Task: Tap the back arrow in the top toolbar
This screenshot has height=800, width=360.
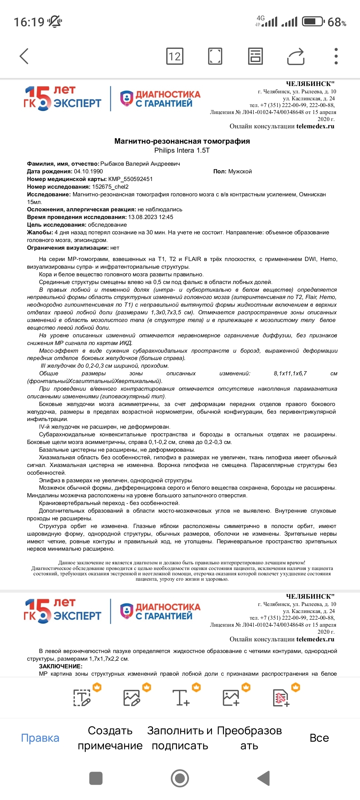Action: pyautogui.click(x=24, y=56)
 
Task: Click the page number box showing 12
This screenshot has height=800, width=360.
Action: pyautogui.click(x=175, y=56)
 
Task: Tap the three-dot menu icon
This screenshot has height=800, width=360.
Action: pyautogui.click(x=336, y=56)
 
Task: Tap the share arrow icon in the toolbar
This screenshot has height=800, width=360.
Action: pyautogui.click(x=296, y=56)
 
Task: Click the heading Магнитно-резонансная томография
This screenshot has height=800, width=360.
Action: pyautogui.click(x=182, y=141)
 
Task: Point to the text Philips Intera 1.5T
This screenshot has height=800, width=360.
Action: pyautogui.click(x=182, y=150)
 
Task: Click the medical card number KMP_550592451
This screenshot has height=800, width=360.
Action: pyautogui.click(x=130, y=179)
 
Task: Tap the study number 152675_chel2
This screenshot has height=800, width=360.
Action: pyautogui.click(x=110, y=187)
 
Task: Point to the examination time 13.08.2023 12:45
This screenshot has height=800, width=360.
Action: pyautogui.click(x=151, y=217)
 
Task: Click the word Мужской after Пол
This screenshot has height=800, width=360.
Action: pyautogui.click(x=240, y=171)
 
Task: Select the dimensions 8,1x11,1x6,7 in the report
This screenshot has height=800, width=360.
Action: pyautogui.click(x=290, y=373)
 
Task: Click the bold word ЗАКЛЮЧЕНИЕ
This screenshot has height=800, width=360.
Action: pyautogui.click(x=61, y=666)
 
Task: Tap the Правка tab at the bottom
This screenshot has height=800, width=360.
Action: pyautogui.click(x=40, y=738)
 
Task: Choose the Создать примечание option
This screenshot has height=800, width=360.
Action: pyautogui.click(x=110, y=738)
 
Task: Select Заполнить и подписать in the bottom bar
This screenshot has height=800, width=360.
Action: pyautogui.click(x=180, y=738)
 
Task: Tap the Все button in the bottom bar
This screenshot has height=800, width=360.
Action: pyautogui.click(x=319, y=738)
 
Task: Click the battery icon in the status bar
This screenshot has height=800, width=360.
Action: pyautogui.click(x=313, y=22)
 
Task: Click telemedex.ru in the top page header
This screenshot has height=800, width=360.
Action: pyautogui.click(x=315, y=126)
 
